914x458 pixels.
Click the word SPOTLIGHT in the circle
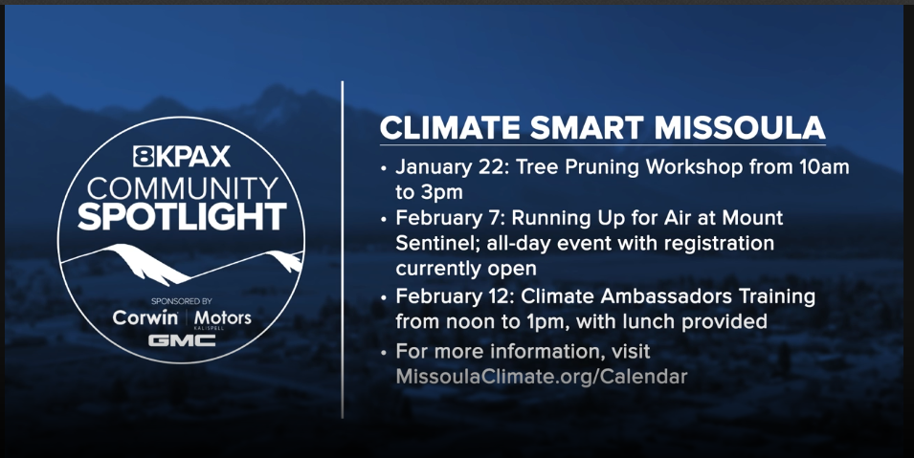tap(182, 216)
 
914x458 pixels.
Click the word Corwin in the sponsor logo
tap(145, 317)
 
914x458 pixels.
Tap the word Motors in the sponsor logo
tap(223, 317)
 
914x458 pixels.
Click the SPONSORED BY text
tap(182, 299)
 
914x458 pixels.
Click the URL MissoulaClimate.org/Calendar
tap(541, 376)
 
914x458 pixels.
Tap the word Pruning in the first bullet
tap(610, 166)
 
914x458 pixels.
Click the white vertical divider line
tap(343, 249)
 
